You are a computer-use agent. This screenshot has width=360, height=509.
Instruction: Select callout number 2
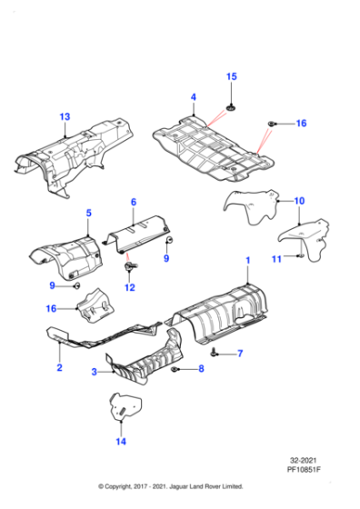click(59, 368)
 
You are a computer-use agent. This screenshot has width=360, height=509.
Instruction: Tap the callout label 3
click(94, 373)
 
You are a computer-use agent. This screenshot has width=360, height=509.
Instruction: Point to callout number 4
click(193, 97)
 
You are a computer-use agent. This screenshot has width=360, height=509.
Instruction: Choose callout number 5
click(88, 214)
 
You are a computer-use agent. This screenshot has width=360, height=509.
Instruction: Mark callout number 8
click(202, 370)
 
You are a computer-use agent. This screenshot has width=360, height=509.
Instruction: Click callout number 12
click(129, 288)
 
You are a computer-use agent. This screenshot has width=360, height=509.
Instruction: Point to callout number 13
click(65, 117)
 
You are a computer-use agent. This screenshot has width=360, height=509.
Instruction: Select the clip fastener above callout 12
click(129, 268)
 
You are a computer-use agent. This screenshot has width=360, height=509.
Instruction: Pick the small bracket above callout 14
click(121, 405)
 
